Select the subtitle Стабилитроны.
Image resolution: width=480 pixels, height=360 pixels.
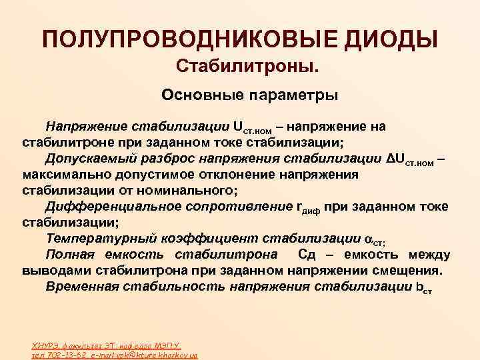click(247, 67)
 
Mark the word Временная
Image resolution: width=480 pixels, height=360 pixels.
click(83, 287)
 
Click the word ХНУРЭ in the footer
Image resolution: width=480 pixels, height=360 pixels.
click(45, 345)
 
